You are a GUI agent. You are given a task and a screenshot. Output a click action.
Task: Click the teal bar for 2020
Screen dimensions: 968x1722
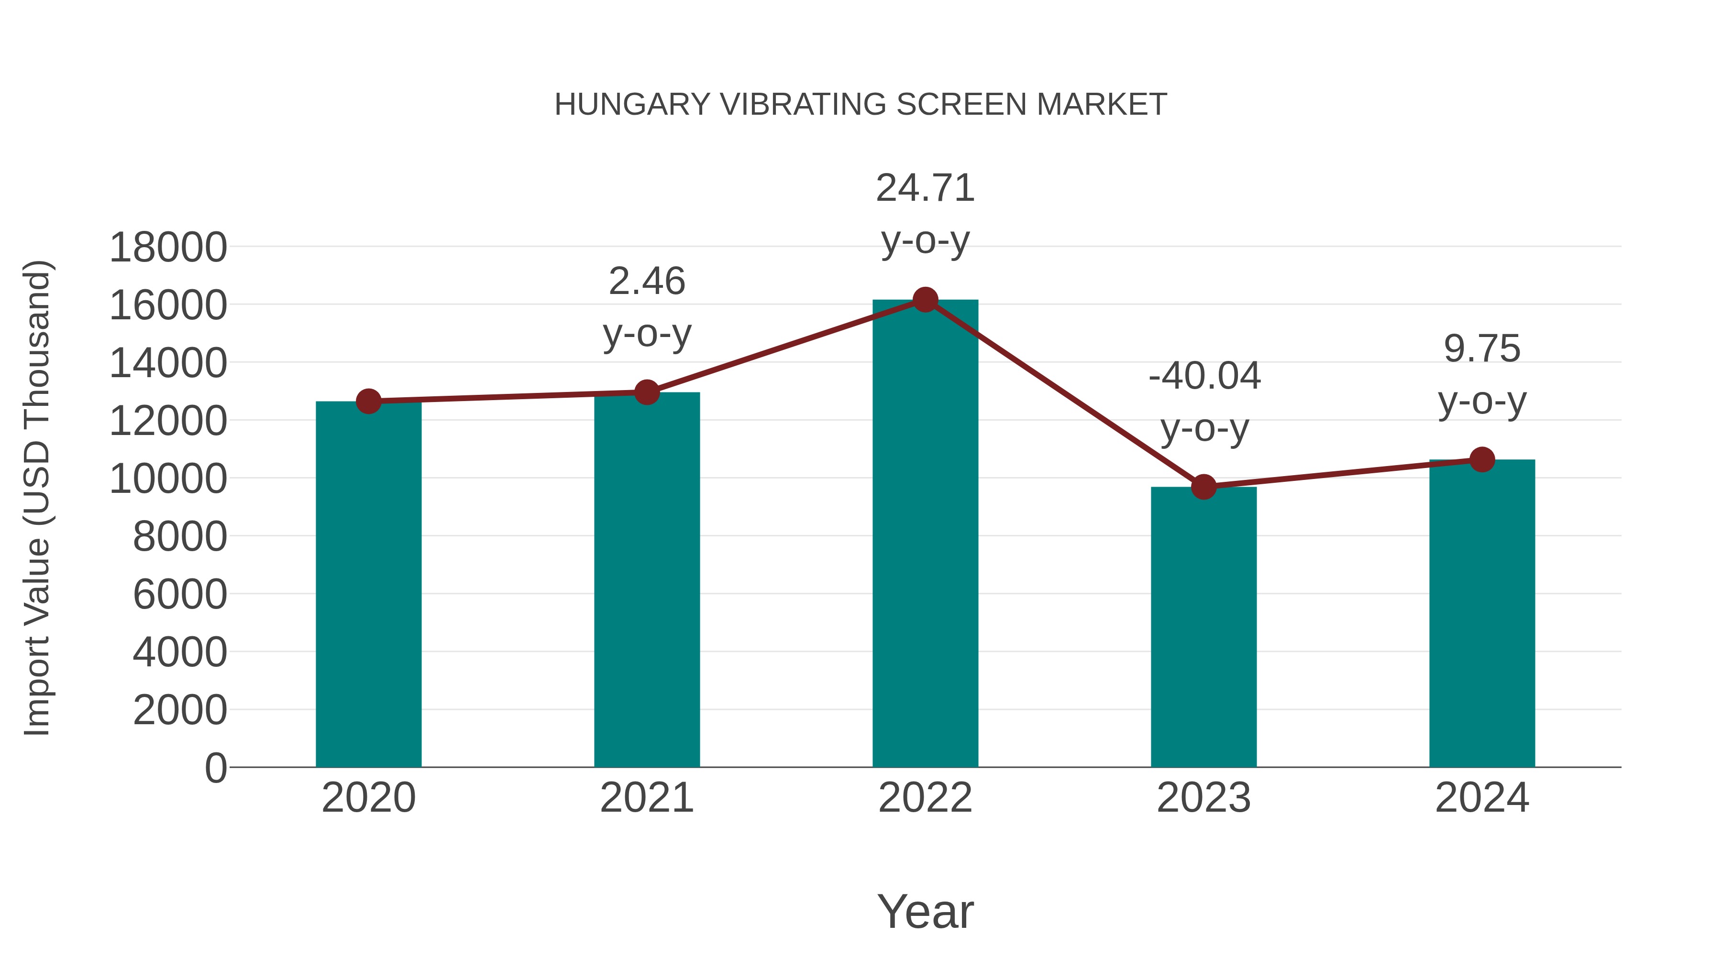pyautogui.click(x=368, y=585)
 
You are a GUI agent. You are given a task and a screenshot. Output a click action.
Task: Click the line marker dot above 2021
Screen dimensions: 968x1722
pyautogui.click(x=646, y=392)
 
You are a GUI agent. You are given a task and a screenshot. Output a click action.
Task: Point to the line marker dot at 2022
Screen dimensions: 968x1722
pyautogui.click(x=925, y=300)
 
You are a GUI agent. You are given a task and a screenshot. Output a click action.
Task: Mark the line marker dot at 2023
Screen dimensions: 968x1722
pyautogui.click(x=1203, y=487)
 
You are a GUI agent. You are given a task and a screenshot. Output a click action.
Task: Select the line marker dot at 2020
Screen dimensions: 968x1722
pyautogui.click(x=368, y=402)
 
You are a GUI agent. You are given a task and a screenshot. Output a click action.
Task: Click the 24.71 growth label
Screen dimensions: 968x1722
pyautogui.click(x=925, y=188)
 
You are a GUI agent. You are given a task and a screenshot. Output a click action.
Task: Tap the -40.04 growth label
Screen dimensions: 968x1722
pyautogui.click(x=1204, y=376)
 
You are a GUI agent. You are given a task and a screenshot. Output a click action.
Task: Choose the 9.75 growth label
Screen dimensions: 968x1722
pyautogui.click(x=1482, y=349)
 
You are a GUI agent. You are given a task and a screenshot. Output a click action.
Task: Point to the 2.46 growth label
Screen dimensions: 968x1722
pyautogui.click(x=646, y=281)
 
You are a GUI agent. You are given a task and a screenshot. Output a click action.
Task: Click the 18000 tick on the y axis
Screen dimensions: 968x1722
pyautogui.click(x=168, y=247)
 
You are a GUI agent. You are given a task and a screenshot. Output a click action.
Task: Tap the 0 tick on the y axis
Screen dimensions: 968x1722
pyautogui.click(x=215, y=768)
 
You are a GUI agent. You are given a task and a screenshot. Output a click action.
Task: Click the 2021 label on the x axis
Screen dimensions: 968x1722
pyautogui.click(x=646, y=798)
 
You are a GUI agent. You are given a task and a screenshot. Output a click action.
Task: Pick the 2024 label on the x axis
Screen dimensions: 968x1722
pyautogui.click(x=1482, y=798)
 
